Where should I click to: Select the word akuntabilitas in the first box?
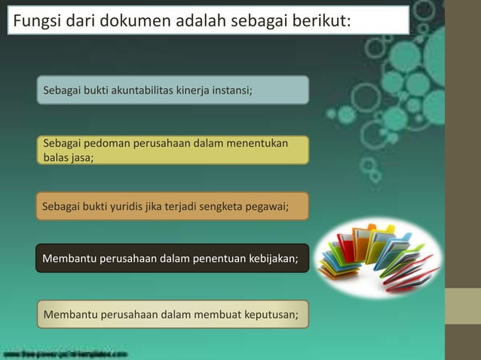[x=142, y=91]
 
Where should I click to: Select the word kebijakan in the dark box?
[x=271, y=259]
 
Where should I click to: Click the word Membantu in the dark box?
[x=70, y=259]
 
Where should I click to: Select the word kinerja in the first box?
[x=191, y=91]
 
